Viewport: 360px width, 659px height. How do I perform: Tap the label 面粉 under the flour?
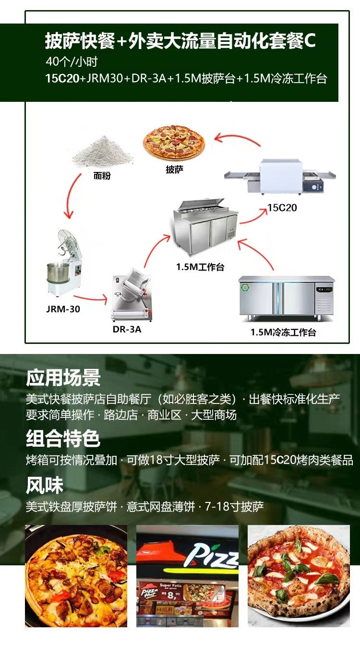[x=102, y=176]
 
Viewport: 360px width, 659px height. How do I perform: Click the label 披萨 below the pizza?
[x=174, y=170]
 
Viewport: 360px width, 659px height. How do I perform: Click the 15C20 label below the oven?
[x=282, y=207]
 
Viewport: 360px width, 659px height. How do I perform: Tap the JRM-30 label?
[x=63, y=309]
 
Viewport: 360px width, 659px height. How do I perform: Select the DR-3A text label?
[x=127, y=329]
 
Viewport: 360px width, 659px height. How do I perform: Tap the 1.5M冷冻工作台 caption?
[x=283, y=332]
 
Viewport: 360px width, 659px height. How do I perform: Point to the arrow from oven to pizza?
[x=237, y=140]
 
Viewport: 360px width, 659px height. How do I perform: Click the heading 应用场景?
[x=63, y=378]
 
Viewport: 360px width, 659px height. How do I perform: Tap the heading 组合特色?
[x=63, y=439]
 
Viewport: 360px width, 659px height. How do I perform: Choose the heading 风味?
[x=45, y=485]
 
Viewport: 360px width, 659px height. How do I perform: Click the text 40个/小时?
[x=72, y=61]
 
